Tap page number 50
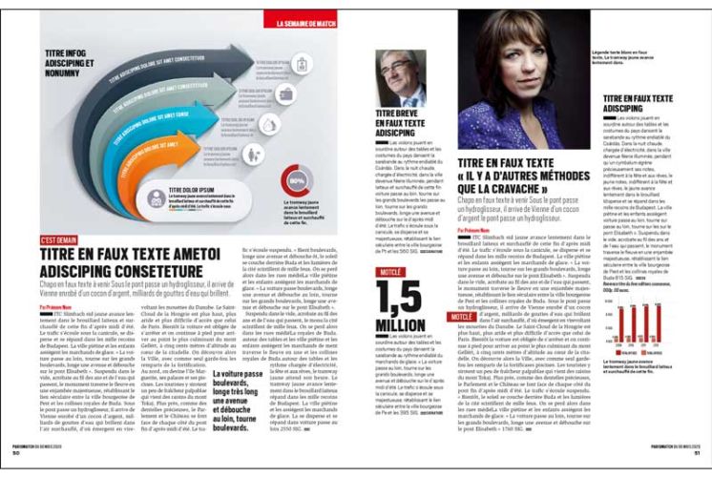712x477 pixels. click(x=15, y=466)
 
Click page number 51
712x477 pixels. click(x=695, y=466)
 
